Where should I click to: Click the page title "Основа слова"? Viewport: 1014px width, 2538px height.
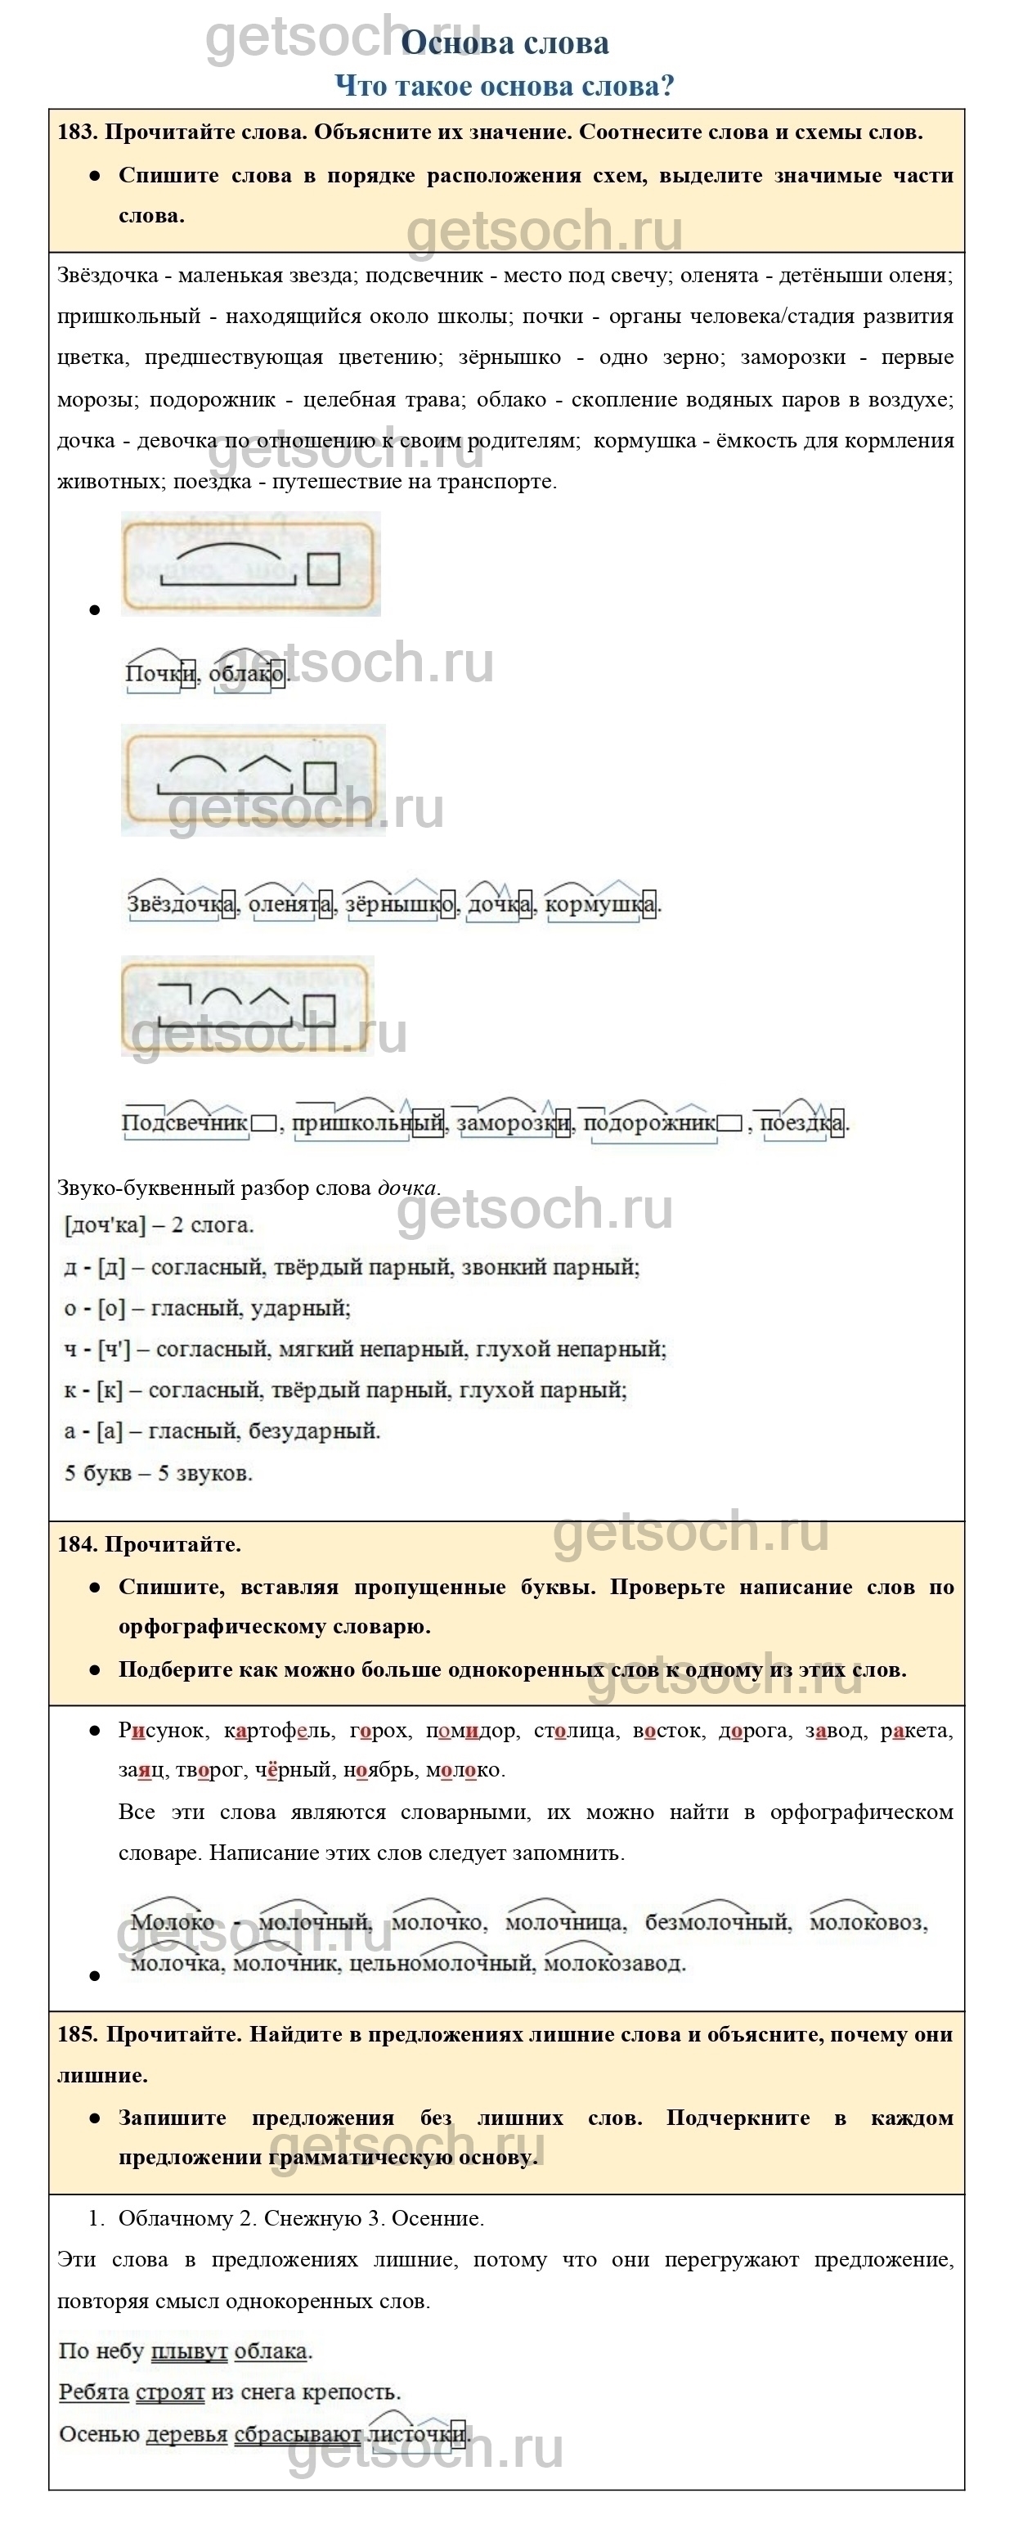[x=505, y=43]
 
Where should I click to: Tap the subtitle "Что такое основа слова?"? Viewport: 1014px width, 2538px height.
[x=505, y=86]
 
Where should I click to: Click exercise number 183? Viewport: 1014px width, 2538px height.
[x=76, y=132]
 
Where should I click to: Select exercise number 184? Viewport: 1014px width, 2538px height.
[x=76, y=1544]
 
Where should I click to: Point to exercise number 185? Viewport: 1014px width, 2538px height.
[x=77, y=2034]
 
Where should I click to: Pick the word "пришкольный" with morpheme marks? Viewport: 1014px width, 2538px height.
[x=367, y=1122]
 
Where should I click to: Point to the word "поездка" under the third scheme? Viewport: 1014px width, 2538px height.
[x=801, y=1122]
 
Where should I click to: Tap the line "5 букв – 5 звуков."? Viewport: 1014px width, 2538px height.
[x=158, y=1473]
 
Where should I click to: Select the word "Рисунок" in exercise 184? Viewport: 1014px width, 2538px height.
[x=162, y=1730]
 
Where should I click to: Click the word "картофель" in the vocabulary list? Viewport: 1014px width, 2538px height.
[x=279, y=1730]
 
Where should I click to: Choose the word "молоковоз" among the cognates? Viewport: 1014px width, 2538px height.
[x=866, y=1922]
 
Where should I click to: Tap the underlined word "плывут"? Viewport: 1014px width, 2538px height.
[x=189, y=2351]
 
